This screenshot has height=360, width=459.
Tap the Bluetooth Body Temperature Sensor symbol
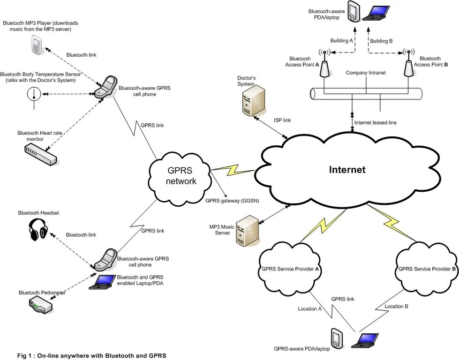(x=34, y=95)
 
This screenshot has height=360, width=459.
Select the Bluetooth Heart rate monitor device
(x=40, y=154)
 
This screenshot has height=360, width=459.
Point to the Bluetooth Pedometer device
(x=41, y=305)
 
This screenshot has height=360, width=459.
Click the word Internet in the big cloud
(x=347, y=170)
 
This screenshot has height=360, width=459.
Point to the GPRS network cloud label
(x=181, y=176)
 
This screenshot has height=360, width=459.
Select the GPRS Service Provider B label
(x=427, y=269)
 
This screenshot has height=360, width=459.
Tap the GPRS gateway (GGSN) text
(x=232, y=201)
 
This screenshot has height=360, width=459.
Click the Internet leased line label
(x=375, y=123)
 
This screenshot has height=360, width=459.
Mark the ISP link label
(x=282, y=120)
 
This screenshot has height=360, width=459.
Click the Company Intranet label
(x=366, y=73)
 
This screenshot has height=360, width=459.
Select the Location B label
(x=397, y=306)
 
